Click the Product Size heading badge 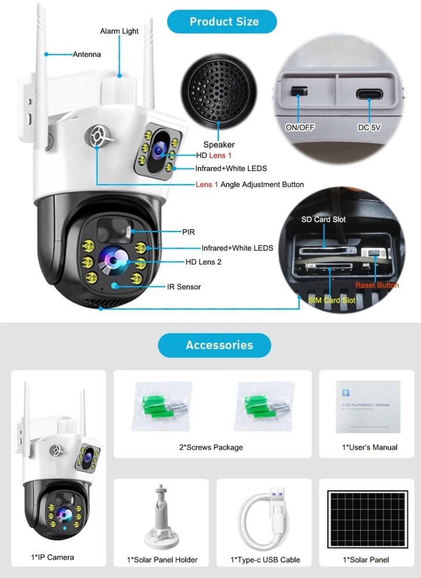coord(224,22)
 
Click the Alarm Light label coord(119,31)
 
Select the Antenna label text coord(87,54)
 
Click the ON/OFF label coord(300,127)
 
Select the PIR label coord(189,231)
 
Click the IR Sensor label coord(184,286)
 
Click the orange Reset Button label coord(376,285)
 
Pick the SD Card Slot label coord(323,220)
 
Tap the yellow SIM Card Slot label coord(331,300)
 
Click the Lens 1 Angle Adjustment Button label coord(249,185)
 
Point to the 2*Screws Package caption coord(211,447)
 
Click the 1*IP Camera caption coord(53,557)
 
